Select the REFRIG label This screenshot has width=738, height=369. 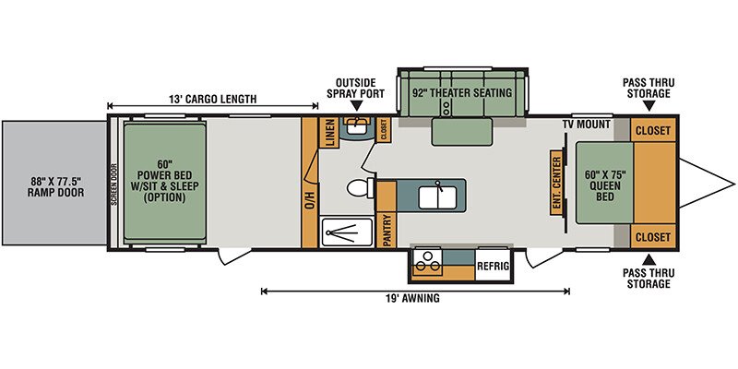494,266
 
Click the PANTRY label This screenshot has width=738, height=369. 387,230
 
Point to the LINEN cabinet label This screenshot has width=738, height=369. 329,132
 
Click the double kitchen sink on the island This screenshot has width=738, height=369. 437,196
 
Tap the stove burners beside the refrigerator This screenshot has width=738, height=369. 428,262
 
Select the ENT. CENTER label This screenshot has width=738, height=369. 556,183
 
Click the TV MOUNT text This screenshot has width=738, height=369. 586,125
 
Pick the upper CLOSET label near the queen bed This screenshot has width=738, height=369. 653,130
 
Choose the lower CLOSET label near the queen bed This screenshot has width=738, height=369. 653,237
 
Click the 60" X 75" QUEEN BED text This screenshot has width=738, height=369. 605,185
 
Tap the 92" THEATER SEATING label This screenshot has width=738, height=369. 461,93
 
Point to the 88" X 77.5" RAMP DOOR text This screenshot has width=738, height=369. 56,186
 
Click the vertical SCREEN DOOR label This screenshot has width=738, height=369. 113,184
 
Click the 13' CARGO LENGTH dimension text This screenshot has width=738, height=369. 213,99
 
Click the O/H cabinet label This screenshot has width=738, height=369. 310,198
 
